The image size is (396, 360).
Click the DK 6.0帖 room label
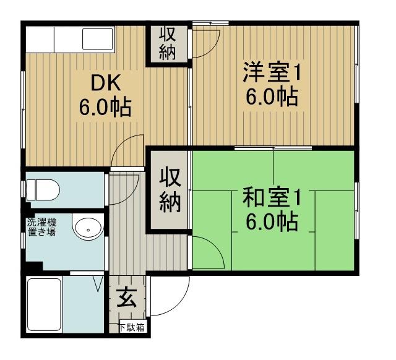(x=105, y=95)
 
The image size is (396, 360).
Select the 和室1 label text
(x=272, y=198)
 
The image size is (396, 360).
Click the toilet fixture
(x=43, y=190)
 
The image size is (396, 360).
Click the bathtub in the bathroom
(x=44, y=304)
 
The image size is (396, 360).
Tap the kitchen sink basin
(x=98, y=38)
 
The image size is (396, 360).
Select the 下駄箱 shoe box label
(x=132, y=327)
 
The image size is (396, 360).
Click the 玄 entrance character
(x=127, y=298)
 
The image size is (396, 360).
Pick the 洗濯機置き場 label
(x=41, y=227)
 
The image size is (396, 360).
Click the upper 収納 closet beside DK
(x=167, y=44)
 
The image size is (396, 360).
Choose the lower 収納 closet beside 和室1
(x=170, y=191)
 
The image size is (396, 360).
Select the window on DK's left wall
(x=24, y=109)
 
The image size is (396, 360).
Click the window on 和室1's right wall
(x=356, y=210)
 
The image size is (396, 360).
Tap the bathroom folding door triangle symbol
(x=98, y=283)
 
